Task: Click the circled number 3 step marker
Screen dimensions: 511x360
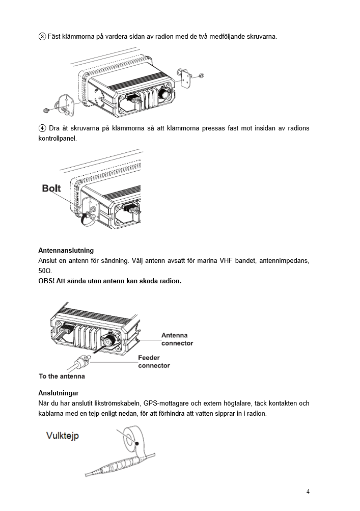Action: (42, 37)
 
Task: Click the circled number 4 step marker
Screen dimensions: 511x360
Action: (42, 128)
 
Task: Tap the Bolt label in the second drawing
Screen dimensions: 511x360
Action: (51, 189)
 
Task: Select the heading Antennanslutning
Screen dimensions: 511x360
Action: (66, 250)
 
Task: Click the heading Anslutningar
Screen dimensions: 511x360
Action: (59, 393)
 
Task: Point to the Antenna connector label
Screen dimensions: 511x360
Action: (177, 339)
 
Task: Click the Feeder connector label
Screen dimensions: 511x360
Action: (154, 362)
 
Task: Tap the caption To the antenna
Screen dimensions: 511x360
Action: (62, 376)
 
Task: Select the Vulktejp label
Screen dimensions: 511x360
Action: (63, 436)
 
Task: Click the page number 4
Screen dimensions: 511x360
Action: (308, 492)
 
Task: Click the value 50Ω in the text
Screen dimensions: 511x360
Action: (45, 271)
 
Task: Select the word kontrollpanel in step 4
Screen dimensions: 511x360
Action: (57, 138)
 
